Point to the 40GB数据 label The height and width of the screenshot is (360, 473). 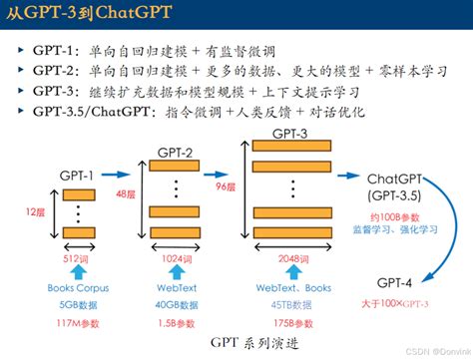coord(176,305)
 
